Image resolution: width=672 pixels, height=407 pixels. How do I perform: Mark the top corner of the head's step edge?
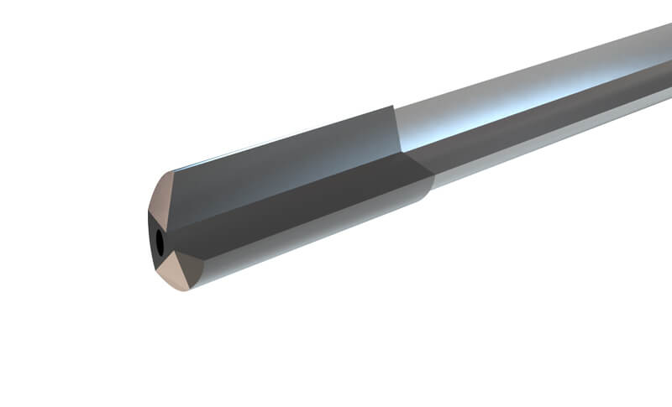click(392, 107)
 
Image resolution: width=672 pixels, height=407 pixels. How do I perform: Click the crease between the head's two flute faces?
click(294, 186)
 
